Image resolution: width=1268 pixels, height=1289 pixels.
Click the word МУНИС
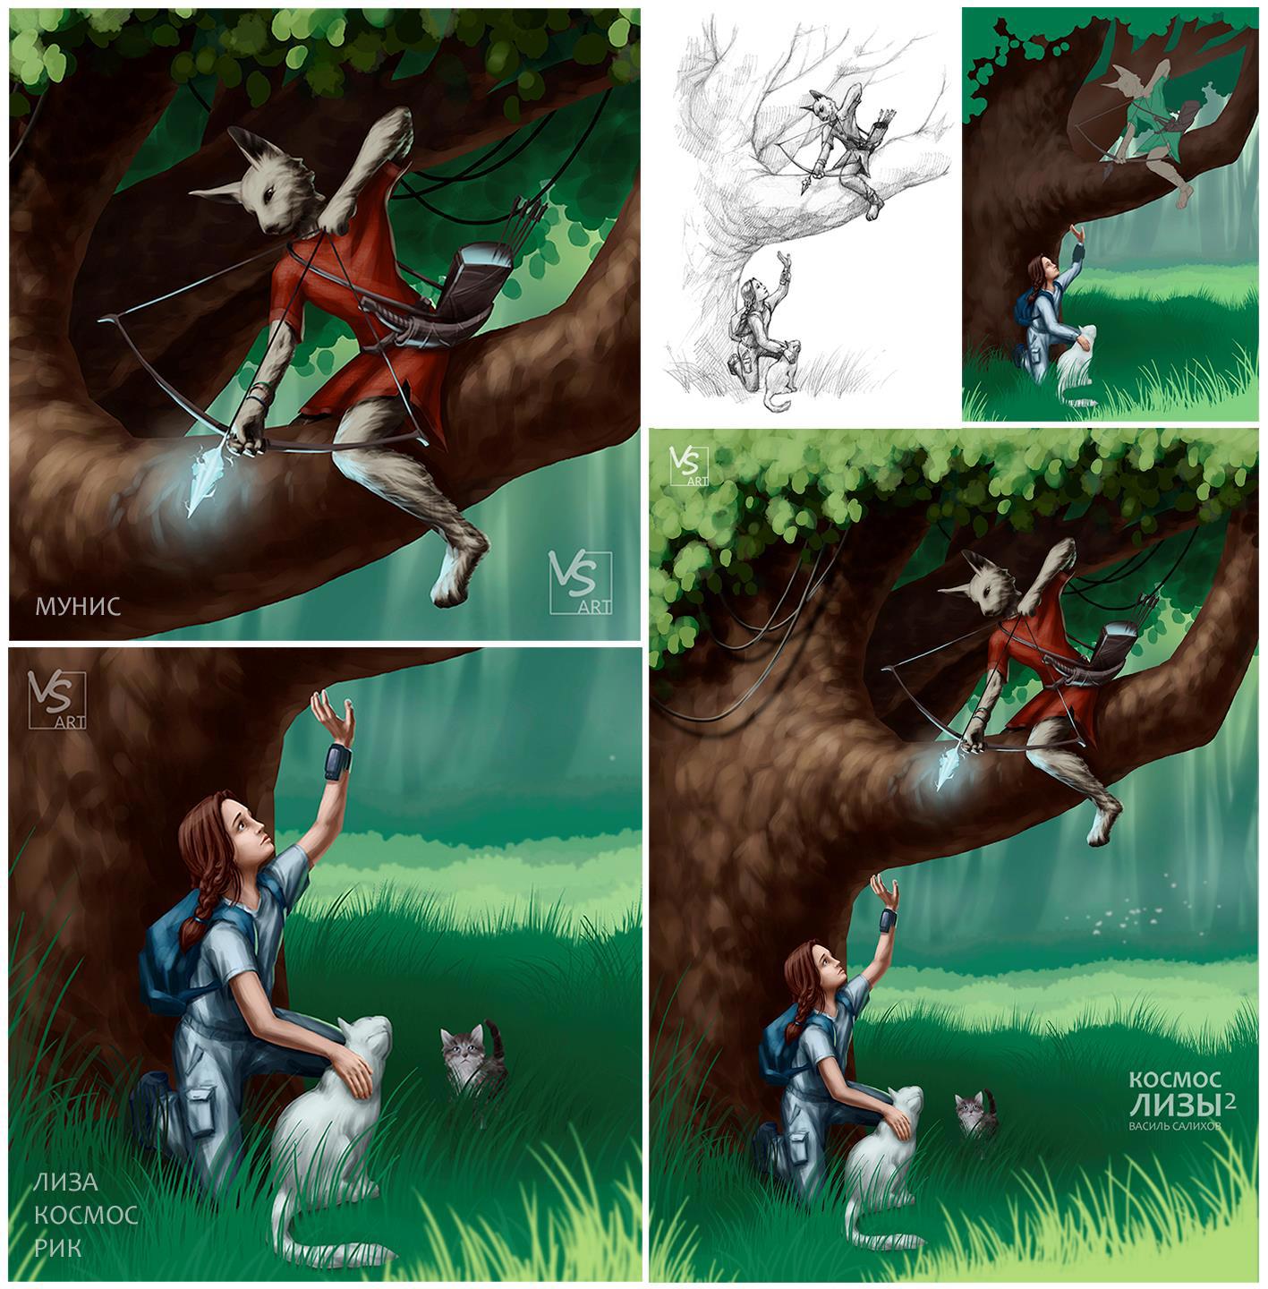78,606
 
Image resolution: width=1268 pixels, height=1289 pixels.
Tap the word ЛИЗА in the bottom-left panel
65,1182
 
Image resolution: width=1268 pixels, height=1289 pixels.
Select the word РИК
57,1247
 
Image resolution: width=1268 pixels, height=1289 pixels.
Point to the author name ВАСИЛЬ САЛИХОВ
1173,1126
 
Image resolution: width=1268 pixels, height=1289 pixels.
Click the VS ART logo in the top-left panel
580,582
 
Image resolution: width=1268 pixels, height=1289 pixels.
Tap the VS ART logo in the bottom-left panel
57,699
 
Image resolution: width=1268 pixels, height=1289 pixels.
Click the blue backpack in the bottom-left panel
174,958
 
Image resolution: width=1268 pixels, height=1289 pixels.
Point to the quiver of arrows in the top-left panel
481,281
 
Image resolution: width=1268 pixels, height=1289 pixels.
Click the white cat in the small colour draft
1076,367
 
